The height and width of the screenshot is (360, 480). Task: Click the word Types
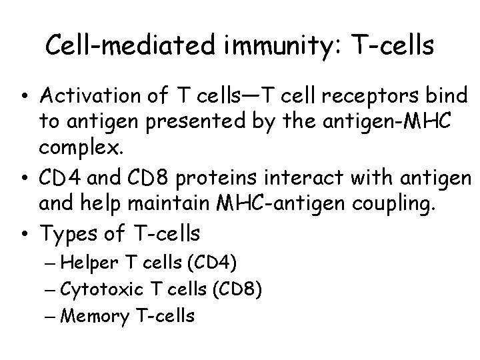tap(66, 233)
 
